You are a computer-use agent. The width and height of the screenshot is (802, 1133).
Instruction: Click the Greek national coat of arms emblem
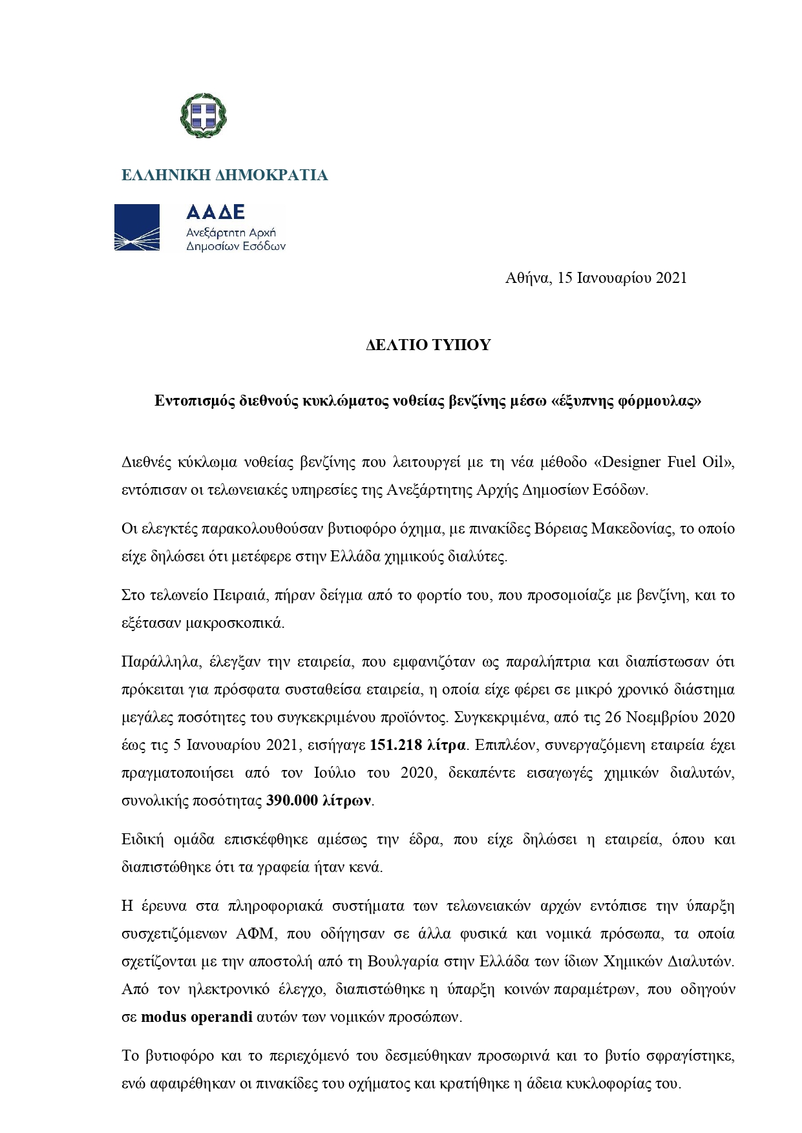coord(204,116)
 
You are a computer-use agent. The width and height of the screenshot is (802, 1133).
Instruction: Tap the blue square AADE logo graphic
coord(137,227)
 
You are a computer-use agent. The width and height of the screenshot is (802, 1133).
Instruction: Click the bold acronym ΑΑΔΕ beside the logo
coord(215,213)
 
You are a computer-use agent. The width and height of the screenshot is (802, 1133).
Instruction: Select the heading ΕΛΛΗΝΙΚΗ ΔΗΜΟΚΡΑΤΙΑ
coord(224,175)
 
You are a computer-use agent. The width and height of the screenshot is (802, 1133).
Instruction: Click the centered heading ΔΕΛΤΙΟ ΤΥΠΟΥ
coord(428,345)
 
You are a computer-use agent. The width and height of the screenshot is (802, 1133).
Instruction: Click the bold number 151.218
coord(394,745)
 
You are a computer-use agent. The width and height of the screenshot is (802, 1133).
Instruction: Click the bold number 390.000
coord(292,801)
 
